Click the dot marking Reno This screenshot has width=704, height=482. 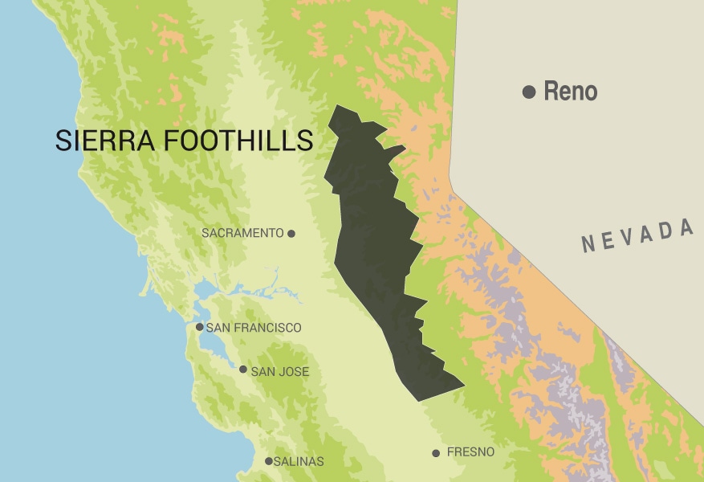tap(528, 92)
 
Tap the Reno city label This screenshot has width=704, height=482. tap(570, 92)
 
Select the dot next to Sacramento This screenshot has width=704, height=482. tap(291, 234)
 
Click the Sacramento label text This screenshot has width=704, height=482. tap(242, 234)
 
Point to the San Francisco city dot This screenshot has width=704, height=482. tap(200, 327)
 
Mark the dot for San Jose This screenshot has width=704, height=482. tap(243, 370)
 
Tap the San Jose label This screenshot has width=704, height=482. tap(279, 372)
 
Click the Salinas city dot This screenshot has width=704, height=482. tap(269, 461)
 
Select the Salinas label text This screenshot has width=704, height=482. tap(299, 462)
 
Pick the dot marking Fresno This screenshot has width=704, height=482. tap(436, 453)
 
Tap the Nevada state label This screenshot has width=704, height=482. tap(638, 235)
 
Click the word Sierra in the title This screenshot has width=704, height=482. tap(105, 141)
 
